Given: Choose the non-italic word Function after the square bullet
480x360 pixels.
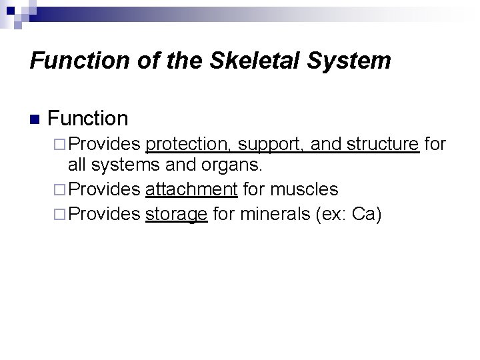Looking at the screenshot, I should click(x=88, y=119).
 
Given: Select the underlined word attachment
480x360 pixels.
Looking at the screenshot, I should click(x=191, y=190).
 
